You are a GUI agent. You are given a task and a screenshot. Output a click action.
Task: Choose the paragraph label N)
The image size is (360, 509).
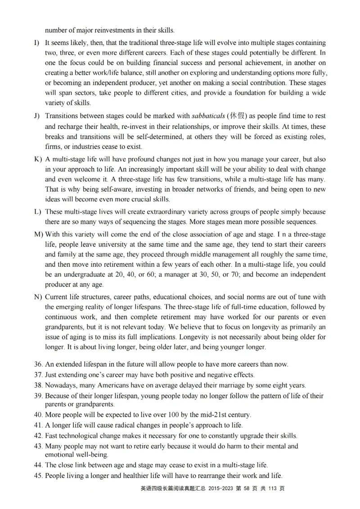[x=37, y=297]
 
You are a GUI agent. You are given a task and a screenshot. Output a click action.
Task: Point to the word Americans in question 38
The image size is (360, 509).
[x=105, y=385]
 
